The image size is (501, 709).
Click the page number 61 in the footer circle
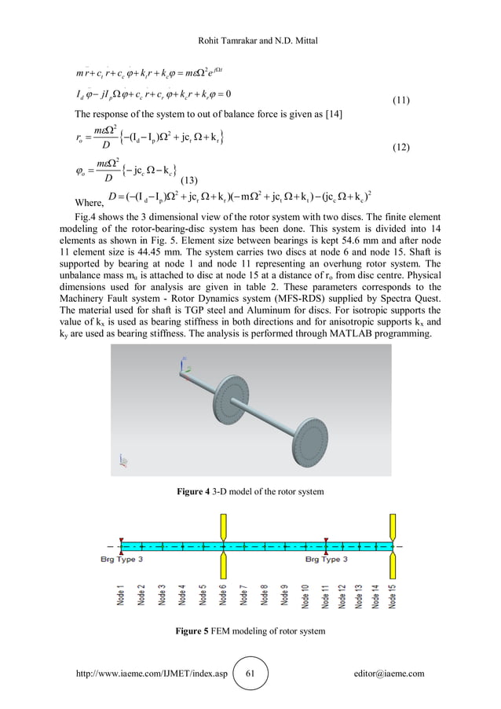(x=251, y=673)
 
